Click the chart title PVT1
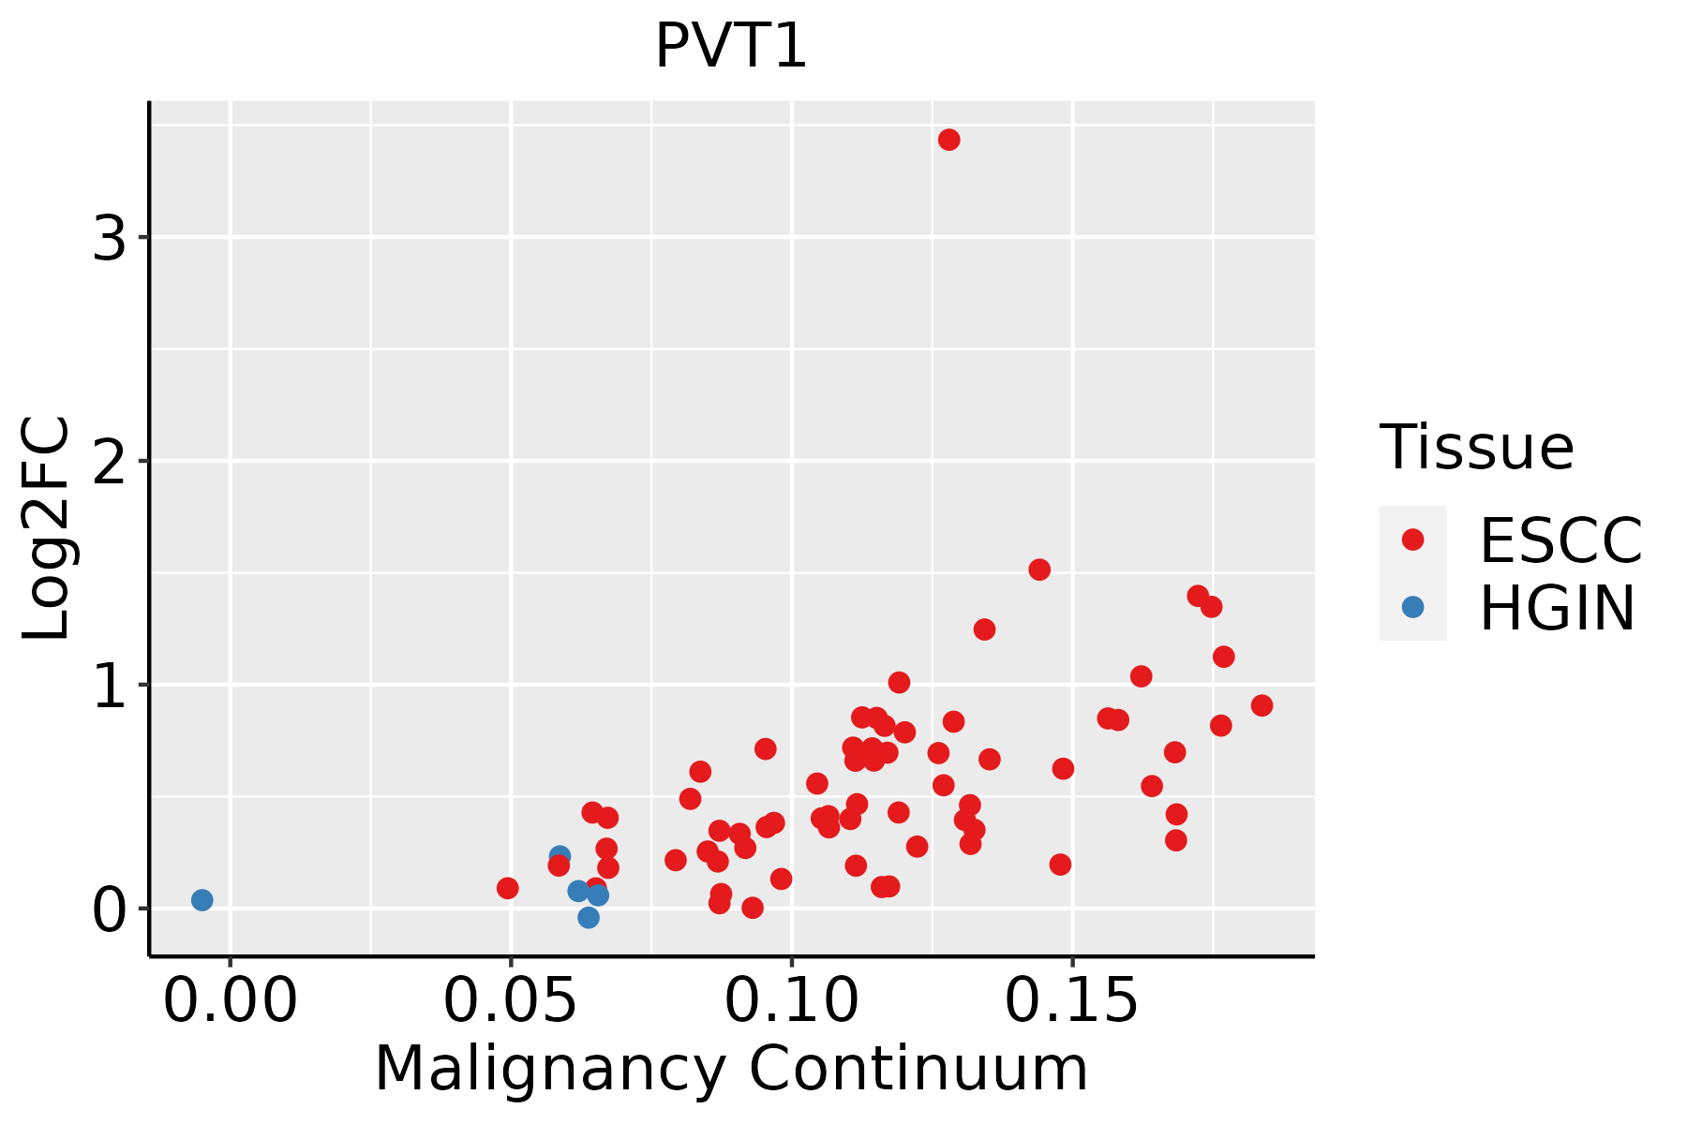[x=730, y=47]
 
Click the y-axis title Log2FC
[x=47, y=528]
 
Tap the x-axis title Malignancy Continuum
[x=731, y=1069]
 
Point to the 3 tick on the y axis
[x=110, y=238]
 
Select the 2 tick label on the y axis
[x=110, y=462]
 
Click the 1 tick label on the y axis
[x=110, y=686]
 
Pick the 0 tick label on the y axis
[x=110, y=910]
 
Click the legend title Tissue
[x=1476, y=448]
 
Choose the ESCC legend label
[x=1560, y=540]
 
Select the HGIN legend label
[x=1557, y=608]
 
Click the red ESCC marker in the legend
[x=1412, y=540]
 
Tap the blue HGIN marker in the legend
[x=1412, y=607]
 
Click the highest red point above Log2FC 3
[x=949, y=140]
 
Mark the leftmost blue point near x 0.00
[x=202, y=900]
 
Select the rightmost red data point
[x=1262, y=705]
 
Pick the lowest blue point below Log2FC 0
[x=589, y=918]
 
